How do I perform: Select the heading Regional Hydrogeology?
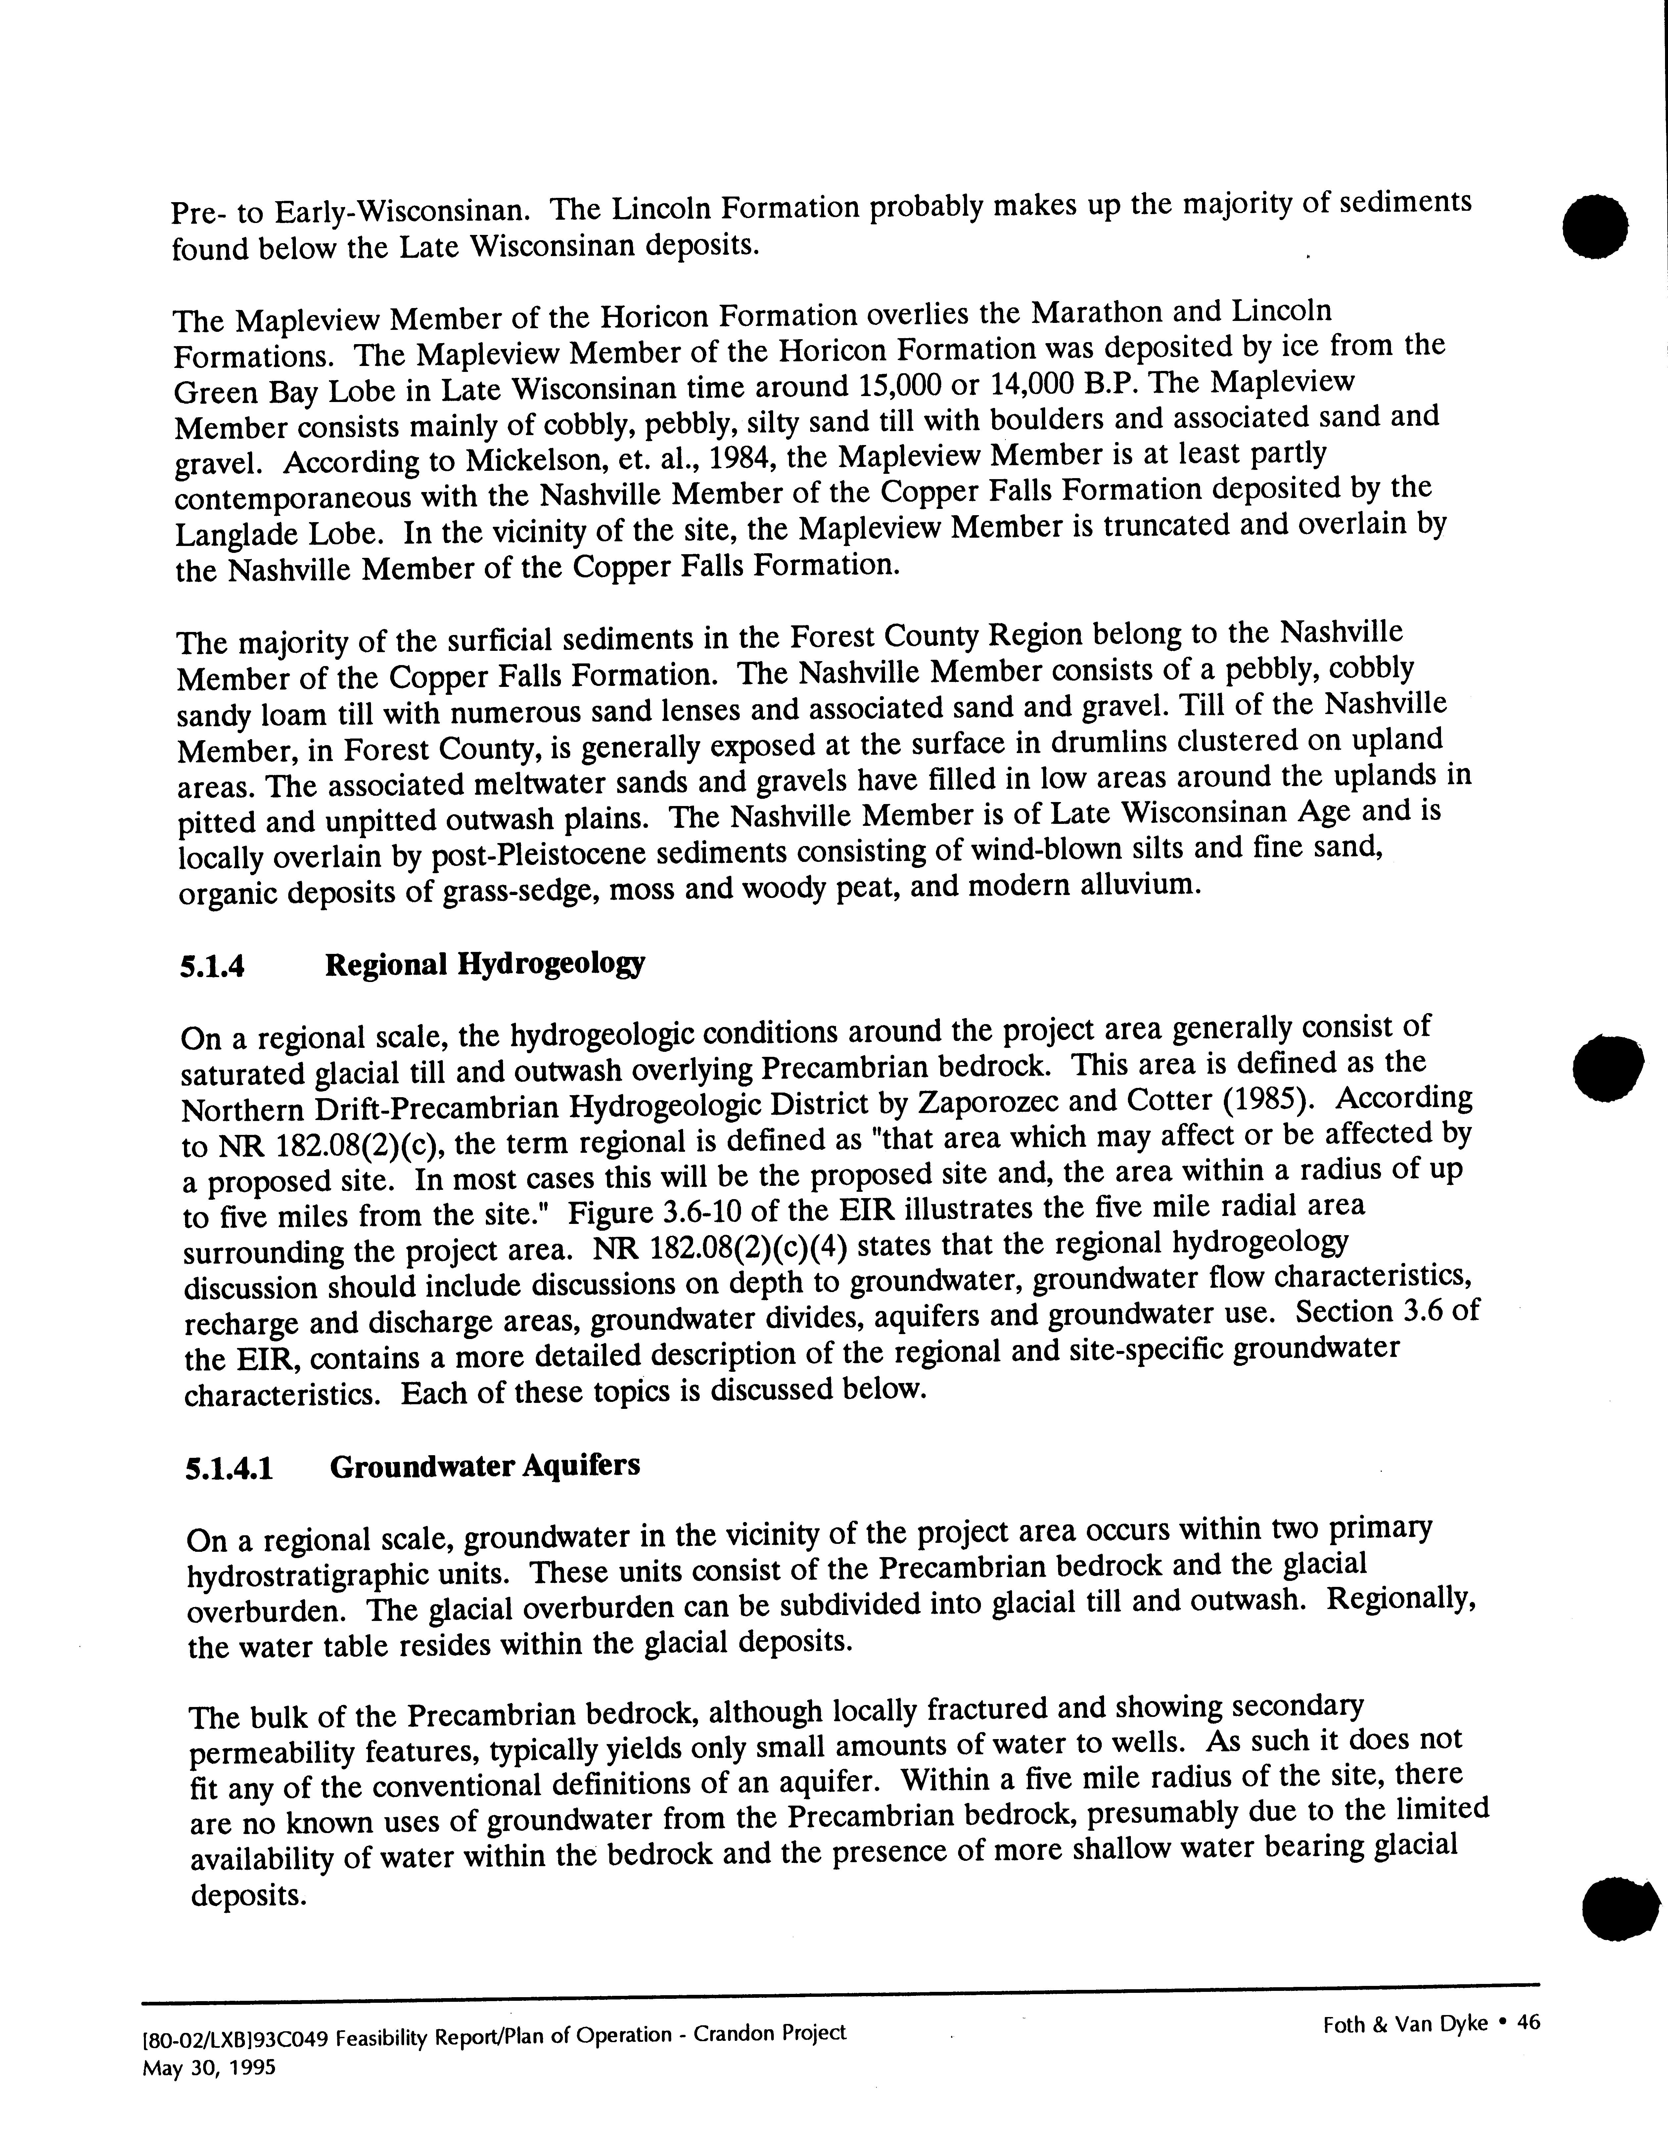pos(484,964)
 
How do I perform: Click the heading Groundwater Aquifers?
pos(484,1465)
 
